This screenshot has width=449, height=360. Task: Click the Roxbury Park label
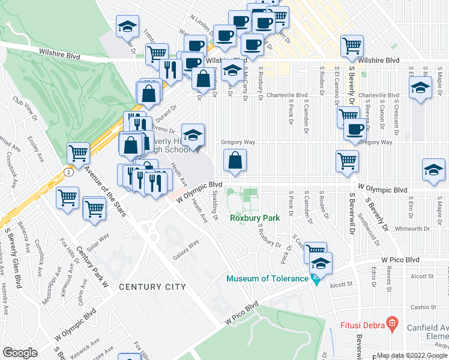tap(255, 218)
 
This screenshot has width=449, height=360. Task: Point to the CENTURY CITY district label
tap(152, 287)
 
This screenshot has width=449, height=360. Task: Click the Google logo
tap(20, 353)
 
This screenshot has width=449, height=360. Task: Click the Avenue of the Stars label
tap(103, 189)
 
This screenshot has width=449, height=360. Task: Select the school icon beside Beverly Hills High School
tap(193, 137)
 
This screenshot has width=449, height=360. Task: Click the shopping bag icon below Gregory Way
tap(235, 161)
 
